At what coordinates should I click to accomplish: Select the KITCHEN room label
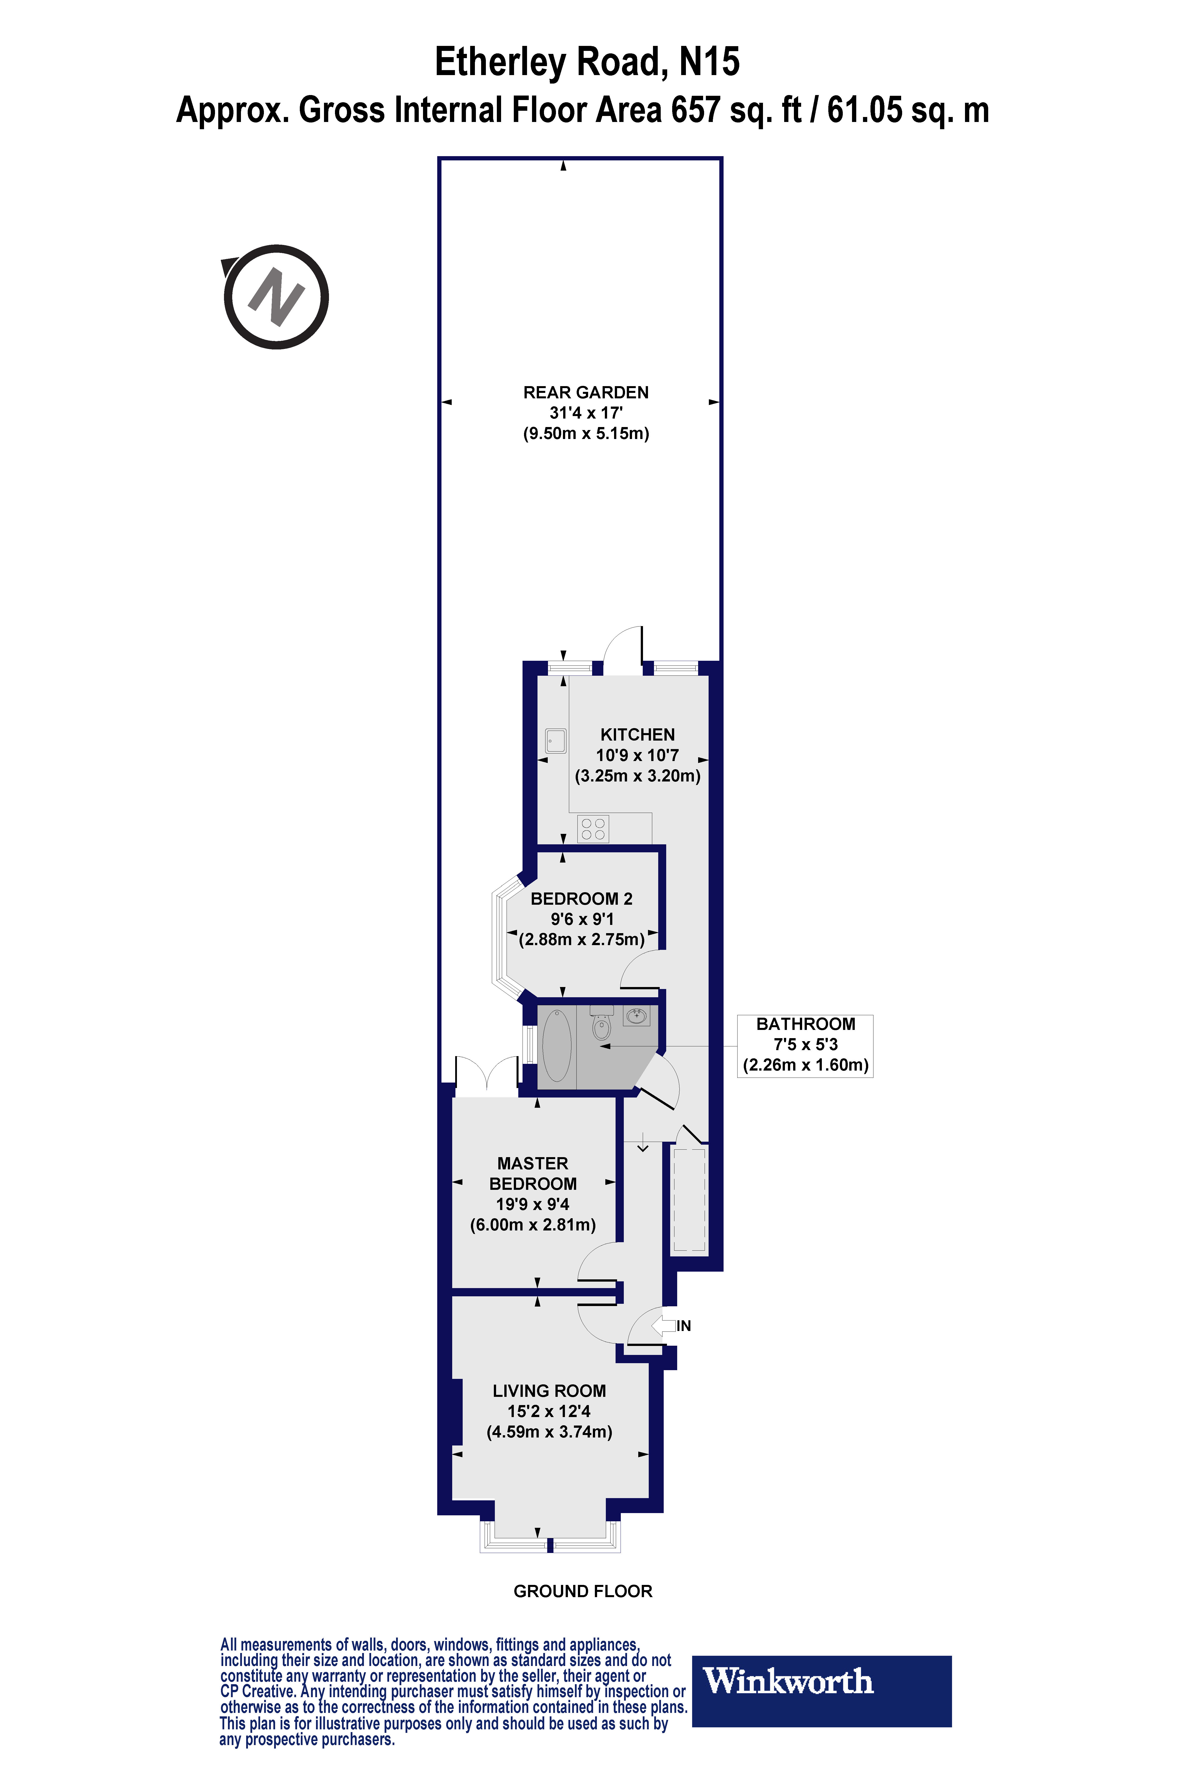[x=637, y=735]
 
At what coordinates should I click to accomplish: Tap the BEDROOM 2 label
[x=581, y=898]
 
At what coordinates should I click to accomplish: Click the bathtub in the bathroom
[x=557, y=1046]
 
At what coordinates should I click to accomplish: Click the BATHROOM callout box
[x=805, y=1045]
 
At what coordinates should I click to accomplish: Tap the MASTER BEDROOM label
[x=533, y=1174]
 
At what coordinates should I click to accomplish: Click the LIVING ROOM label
[x=549, y=1391]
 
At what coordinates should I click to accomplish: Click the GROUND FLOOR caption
[x=583, y=1591]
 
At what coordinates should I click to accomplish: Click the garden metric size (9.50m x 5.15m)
[x=586, y=434]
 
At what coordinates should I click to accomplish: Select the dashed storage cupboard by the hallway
[x=689, y=1199]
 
